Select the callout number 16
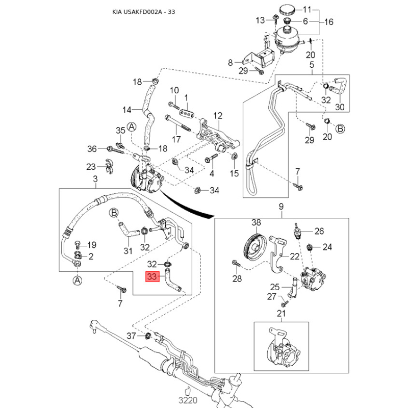tap(328, 22)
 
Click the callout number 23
tap(91, 167)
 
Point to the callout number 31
tap(128, 250)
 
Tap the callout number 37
tap(131, 336)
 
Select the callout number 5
tap(312, 65)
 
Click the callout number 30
tap(340, 108)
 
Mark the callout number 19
tap(92, 244)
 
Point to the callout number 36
tap(92, 149)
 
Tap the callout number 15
tap(234, 174)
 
